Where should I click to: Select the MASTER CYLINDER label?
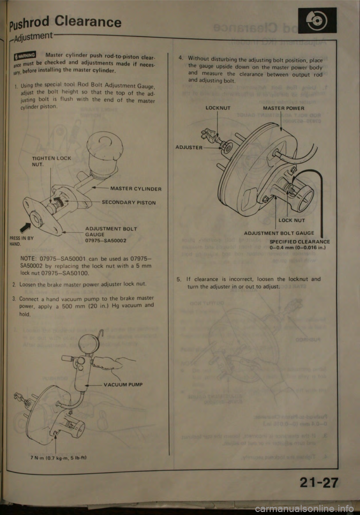tap(136, 189)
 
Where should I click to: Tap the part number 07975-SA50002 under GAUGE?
tap(105, 240)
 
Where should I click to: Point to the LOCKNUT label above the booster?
tap(218, 108)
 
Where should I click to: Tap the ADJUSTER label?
tap(189, 147)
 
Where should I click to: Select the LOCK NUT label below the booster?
tap(291, 220)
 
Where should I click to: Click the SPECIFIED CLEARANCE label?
tap(300, 242)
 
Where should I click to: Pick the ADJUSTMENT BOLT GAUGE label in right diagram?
tap(279, 233)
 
